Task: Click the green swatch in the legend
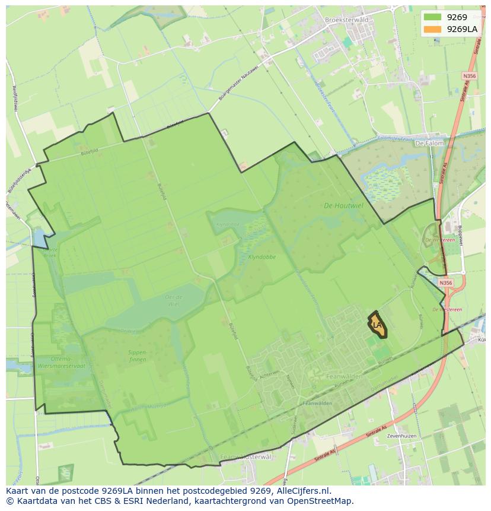coord(433,17)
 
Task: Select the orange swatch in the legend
coord(433,29)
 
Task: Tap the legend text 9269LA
coord(462,29)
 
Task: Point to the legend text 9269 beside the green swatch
coord(457,17)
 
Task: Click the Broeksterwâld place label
coord(347,20)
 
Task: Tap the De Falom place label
coord(428,143)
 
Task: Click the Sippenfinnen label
coord(137,356)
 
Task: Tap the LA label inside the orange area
coord(377,325)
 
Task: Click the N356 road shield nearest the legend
coord(469,76)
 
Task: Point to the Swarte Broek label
coord(49,252)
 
